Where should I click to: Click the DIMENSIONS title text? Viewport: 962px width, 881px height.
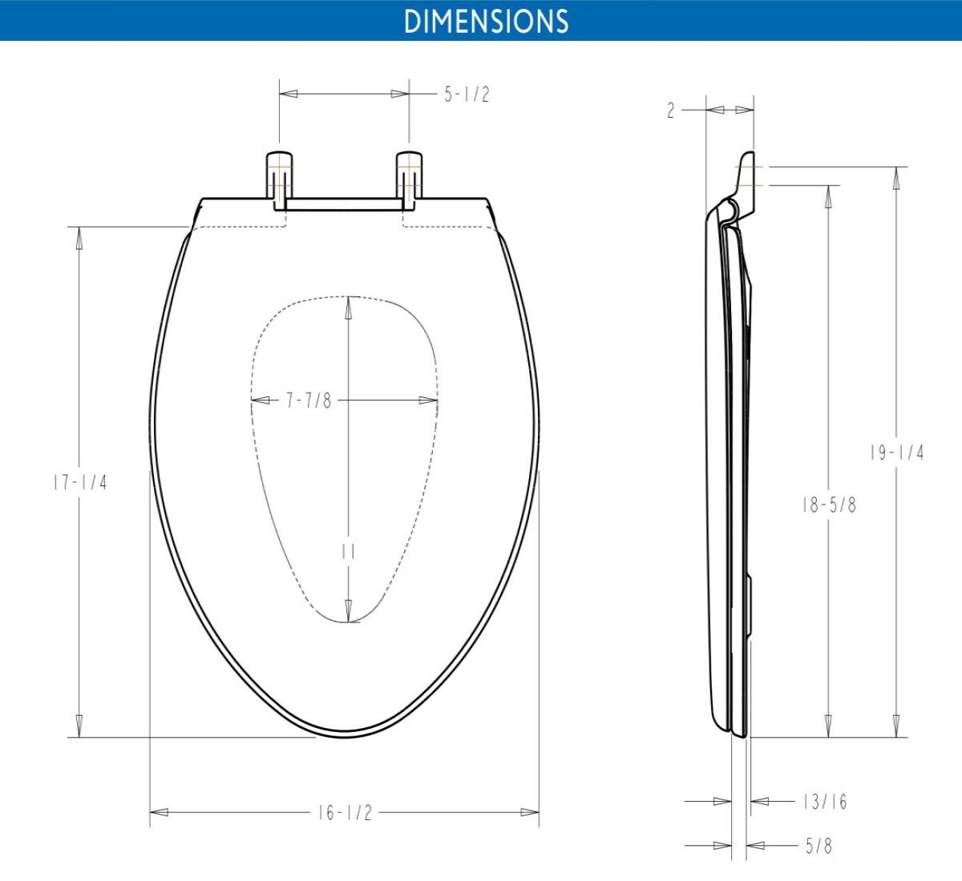pos(486,21)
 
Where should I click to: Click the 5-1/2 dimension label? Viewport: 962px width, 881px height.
pos(467,95)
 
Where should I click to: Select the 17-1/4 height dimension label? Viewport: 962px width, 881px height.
pos(79,483)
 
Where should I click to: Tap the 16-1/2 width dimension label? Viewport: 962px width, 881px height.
pos(345,813)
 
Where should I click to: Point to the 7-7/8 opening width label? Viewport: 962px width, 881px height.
pos(309,400)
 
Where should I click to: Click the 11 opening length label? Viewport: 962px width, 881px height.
pos(348,553)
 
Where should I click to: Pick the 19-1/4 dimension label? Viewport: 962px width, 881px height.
pos(897,453)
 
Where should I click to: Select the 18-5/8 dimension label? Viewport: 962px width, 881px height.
pos(829,505)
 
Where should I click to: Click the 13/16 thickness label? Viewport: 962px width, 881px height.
pos(824,802)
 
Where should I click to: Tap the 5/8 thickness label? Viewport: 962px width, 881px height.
pos(819,846)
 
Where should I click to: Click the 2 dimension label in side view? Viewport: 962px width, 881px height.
pos(671,111)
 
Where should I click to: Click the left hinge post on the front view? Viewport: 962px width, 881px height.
pos(279,178)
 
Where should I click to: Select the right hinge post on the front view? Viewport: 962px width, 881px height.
pos(409,178)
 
